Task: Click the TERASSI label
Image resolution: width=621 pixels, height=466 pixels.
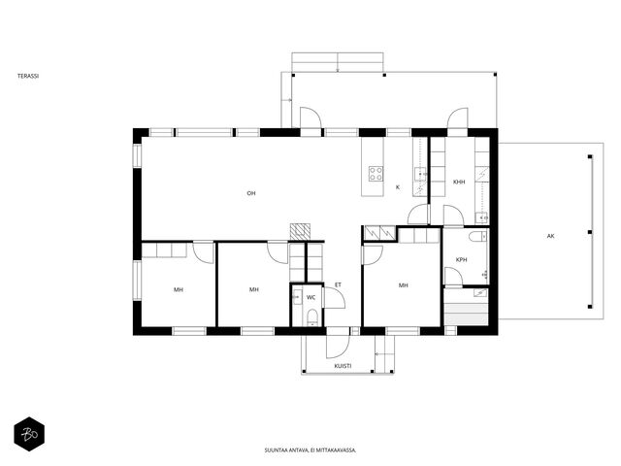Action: (28, 76)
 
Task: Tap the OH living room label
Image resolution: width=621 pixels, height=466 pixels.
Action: (251, 193)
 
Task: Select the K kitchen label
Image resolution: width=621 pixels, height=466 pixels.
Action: (398, 187)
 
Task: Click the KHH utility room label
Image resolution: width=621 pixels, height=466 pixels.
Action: (459, 182)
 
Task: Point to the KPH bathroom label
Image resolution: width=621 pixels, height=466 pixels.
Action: (462, 259)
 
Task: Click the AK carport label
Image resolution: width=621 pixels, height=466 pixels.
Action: (550, 236)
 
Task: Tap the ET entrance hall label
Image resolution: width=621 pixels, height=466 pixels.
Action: (338, 284)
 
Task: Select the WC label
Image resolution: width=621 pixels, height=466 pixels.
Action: (311, 297)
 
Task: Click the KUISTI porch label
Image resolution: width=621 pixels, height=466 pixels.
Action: (343, 366)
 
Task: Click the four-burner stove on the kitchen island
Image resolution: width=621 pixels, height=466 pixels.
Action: (376, 174)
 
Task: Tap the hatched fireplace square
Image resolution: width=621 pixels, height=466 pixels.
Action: (300, 231)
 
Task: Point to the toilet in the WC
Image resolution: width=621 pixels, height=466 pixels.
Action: (312, 317)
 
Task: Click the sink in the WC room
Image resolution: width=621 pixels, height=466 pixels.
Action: (296, 296)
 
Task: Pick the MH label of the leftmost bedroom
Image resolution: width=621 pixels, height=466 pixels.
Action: (179, 289)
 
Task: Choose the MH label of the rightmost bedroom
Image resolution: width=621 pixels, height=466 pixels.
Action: (404, 284)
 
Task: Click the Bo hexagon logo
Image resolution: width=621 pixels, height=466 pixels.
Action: (29, 435)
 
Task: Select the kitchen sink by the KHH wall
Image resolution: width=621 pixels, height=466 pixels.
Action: (420, 174)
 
